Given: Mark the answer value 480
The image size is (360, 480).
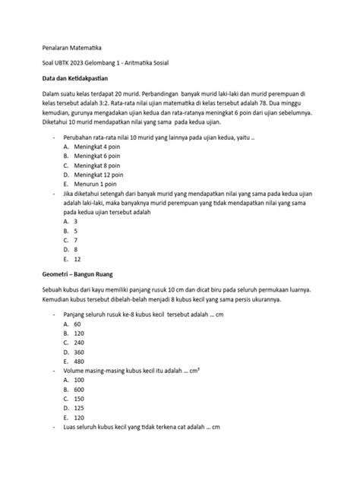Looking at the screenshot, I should [79, 361].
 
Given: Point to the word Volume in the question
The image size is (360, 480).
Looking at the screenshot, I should [78, 370].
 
